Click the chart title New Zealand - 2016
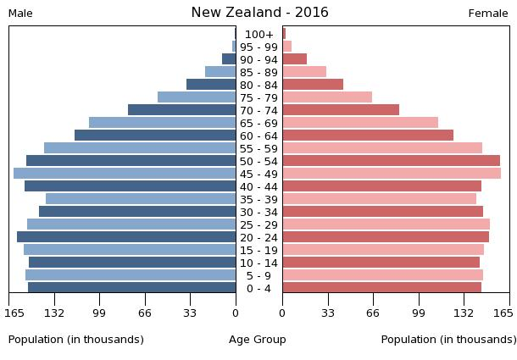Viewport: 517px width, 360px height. pyautogui.click(x=259, y=13)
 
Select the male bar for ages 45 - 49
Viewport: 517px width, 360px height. pyautogui.click(x=125, y=174)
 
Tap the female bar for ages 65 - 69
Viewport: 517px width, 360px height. pyautogui.click(x=360, y=123)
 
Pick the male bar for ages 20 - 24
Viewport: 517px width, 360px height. pyautogui.click(x=126, y=237)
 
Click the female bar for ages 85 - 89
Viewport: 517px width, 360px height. pyautogui.click(x=304, y=72)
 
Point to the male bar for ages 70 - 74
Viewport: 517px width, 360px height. pyautogui.click(x=181, y=110)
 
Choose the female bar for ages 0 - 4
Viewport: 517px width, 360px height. pyautogui.click(x=381, y=288)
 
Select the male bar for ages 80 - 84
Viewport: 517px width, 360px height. pyautogui.click(x=211, y=85)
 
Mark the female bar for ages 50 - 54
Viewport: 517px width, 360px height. pyautogui.click(x=391, y=161)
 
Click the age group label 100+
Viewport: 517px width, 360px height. pyautogui.click(x=258, y=34)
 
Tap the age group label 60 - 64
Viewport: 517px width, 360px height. pyautogui.click(x=258, y=136)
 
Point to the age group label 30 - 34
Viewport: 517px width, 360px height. pyautogui.click(x=258, y=212)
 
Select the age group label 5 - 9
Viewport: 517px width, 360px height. pyautogui.click(x=258, y=275)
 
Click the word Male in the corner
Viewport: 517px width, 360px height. pyautogui.click(x=20, y=14)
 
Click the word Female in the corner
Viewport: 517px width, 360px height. pyautogui.click(x=488, y=14)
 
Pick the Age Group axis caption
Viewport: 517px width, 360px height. pyautogui.click(x=258, y=340)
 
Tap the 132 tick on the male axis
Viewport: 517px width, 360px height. pyautogui.click(x=54, y=313)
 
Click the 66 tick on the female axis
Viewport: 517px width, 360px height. pyautogui.click(x=373, y=313)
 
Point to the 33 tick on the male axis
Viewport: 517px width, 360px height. pyautogui.click(x=190, y=313)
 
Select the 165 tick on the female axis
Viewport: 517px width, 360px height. pyautogui.click(x=503, y=313)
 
